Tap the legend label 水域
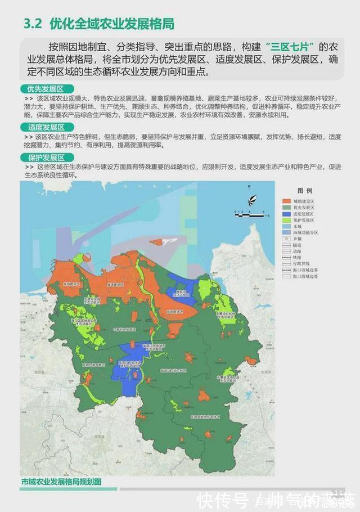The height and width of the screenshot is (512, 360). pos(298,226)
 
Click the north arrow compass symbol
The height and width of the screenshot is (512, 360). pos(250,199)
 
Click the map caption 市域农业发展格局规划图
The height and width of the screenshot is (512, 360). pos(62,482)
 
